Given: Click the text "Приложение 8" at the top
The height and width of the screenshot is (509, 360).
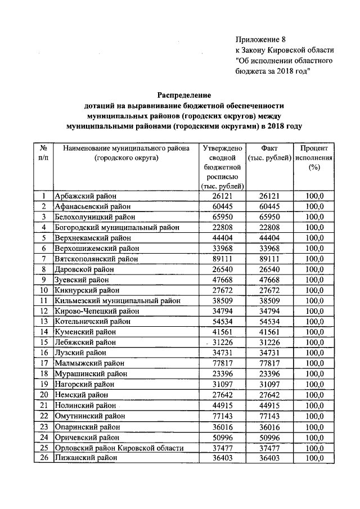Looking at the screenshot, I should [260, 39].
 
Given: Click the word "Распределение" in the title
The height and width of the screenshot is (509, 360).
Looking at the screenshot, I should [183, 94].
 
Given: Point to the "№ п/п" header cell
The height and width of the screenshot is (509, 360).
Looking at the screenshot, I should [43, 153].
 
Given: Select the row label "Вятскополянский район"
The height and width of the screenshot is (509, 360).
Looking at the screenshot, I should [97, 259].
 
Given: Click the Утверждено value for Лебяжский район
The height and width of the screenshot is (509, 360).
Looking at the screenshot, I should [222, 343].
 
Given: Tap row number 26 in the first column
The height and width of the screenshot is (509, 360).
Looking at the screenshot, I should [43, 458].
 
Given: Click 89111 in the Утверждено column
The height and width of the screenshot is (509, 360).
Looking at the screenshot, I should [222, 259].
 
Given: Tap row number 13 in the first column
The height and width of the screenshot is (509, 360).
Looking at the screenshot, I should [43, 322].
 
